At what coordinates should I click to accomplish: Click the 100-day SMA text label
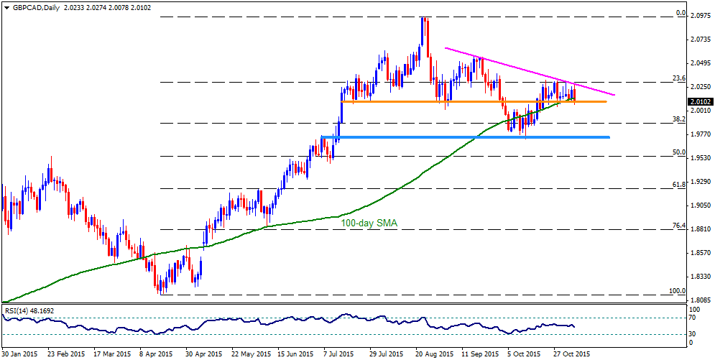coord(369,223)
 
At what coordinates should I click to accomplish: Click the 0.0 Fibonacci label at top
coord(681,14)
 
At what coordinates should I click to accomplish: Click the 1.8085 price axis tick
coord(700,301)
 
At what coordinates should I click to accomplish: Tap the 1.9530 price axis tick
coord(700,158)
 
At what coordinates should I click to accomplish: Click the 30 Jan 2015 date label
coord(19,354)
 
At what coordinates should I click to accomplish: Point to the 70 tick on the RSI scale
coord(693,318)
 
